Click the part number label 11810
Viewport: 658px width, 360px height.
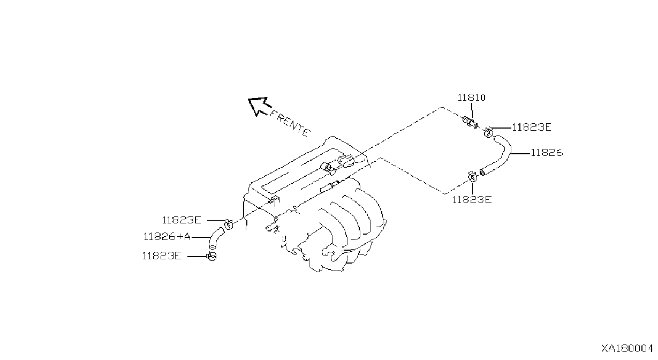click(x=472, y=97)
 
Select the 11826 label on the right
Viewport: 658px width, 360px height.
click(x=547, y=153)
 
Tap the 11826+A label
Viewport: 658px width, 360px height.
click(x=167, y=237)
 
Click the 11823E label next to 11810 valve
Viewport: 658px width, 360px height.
click(x=532, y=127)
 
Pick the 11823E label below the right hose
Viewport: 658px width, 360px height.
click(x=472, y=200)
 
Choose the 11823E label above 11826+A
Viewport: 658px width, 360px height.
click(x=181, y=220)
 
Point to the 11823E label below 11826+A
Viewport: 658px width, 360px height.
click(x=162, y=256)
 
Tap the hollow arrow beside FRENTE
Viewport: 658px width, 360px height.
click(x=259, y=106)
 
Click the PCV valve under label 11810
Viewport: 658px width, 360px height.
click(x=470, y=122)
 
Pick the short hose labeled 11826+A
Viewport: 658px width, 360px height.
click(x=215, y=238)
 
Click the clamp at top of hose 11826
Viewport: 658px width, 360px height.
click(x=488, y=132)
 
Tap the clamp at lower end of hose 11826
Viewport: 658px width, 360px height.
click(x=472, y=177)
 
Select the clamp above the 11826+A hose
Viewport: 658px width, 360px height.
click(x=228, y=224)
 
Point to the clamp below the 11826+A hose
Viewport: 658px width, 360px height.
click(x=211, y=257)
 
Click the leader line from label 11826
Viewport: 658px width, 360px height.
click(x=521, y=153)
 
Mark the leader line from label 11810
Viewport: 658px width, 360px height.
click(x=472, y=110)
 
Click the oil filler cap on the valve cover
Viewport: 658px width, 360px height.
click(x=345, y=160)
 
